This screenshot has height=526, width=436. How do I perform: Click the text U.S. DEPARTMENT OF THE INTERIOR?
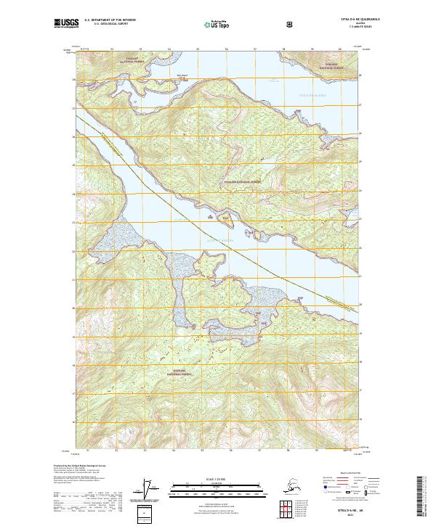110,20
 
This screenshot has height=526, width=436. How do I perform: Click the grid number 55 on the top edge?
198,49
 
